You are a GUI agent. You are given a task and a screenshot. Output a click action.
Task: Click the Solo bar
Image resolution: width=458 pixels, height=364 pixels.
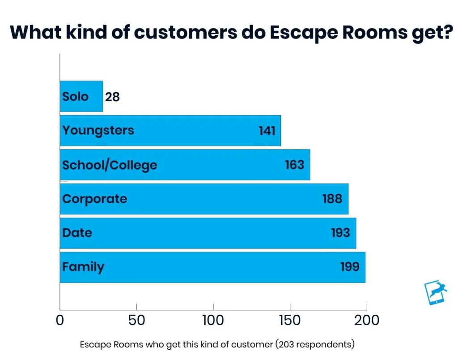[81, 96]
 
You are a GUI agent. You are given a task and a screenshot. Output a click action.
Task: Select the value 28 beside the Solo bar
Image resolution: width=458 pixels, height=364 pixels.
[112, 97]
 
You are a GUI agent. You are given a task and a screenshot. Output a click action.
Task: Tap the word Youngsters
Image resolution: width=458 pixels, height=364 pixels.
[98, 131]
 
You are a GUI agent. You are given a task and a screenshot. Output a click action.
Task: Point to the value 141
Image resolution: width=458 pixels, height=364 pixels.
[267, 131]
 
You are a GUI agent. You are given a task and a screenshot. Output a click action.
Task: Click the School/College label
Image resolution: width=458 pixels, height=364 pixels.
[110, 165]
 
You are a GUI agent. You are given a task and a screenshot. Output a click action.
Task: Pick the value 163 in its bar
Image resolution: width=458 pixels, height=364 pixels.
[294, 165]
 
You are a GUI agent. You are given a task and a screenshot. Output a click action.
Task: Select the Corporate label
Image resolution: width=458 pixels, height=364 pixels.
[95, 199]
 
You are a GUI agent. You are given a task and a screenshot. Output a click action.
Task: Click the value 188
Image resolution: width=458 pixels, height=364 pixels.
[332, 199]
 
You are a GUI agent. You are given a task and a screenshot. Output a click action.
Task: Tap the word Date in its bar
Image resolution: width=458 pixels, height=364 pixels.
[77, 233]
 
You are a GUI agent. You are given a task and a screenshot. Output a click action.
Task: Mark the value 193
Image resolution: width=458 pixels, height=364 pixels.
[340, 233]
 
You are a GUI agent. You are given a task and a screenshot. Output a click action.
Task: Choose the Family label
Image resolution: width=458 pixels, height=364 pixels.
[83, 267]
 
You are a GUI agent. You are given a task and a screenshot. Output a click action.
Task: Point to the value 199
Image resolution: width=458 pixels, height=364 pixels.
[350, 267]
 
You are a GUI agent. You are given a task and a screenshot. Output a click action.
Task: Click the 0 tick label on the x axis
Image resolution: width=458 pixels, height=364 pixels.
[60, 320]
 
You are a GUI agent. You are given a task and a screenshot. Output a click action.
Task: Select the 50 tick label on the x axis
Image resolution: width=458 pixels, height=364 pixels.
[136, 320]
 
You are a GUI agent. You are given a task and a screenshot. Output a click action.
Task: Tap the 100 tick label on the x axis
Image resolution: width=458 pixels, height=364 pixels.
[213, 320]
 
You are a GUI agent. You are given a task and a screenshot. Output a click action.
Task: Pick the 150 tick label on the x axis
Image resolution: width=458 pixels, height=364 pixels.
[290, 320]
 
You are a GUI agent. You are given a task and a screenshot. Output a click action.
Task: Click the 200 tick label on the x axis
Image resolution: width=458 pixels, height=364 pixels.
[367, 320]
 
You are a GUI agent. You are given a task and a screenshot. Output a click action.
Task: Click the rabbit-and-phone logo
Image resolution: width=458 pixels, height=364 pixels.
[436, 292]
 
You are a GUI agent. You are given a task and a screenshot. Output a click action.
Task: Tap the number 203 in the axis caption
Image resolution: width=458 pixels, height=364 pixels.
[286, 344]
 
